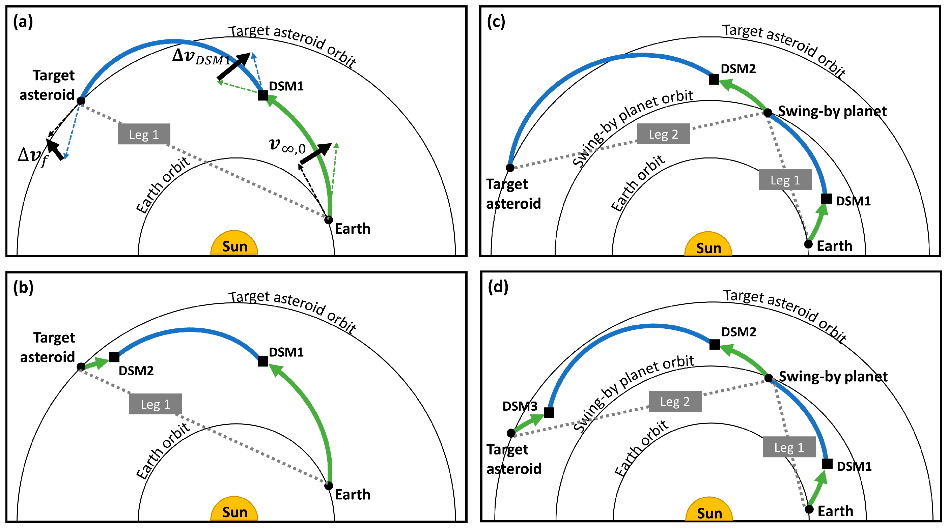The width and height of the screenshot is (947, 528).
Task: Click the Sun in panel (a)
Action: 234,244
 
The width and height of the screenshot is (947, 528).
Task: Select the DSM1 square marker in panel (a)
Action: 263,95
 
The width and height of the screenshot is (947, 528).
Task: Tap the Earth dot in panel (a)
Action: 329,220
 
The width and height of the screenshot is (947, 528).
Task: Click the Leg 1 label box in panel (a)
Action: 144,134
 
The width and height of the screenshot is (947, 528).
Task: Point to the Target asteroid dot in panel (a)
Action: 81,101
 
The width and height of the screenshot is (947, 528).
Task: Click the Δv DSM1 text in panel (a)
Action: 201,57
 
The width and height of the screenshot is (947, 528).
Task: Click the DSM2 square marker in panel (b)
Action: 114,357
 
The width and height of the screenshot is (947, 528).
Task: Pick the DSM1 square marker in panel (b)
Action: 263,361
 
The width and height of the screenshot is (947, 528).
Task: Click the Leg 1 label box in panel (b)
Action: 155,404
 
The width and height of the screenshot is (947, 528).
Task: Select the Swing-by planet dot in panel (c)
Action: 768,113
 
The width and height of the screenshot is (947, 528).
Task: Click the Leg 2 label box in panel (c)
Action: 663,134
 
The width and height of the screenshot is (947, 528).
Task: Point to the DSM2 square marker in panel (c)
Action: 714,79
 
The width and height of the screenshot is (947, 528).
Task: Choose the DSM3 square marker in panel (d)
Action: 549,412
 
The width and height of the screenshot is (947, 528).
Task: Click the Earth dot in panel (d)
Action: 809,509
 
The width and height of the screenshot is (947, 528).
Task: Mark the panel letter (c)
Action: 496,22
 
